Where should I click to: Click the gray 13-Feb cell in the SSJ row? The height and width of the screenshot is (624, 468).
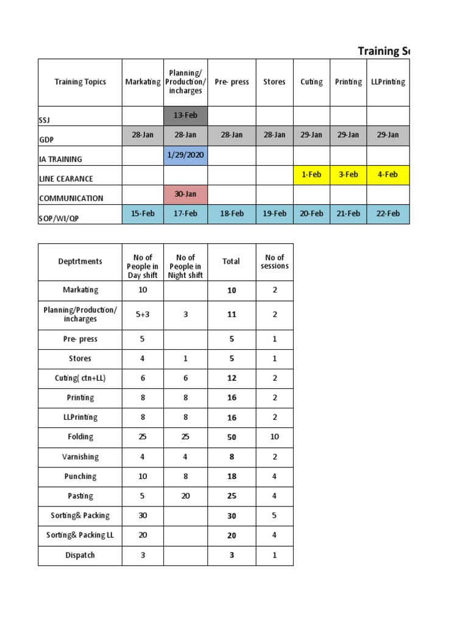[185, 116]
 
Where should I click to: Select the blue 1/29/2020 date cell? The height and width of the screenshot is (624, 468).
[185, 155]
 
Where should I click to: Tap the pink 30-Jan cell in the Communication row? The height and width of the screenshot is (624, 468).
[185, 194]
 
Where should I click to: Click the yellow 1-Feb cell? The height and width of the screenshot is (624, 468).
[311, 174]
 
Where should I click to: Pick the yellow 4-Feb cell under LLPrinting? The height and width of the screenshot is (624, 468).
[388, 174]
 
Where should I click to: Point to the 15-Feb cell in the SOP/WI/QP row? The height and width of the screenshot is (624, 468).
[143, 214]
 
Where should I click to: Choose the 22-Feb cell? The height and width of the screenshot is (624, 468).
[388, 214]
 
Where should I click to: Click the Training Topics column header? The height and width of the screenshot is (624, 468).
[80, 82]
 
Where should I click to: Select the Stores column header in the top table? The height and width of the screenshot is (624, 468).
[274, 82]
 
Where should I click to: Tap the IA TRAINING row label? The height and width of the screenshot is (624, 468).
[60, 159]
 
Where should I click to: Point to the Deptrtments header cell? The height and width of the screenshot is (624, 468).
[80, 261]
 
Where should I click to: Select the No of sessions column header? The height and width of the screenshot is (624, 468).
[274, 261]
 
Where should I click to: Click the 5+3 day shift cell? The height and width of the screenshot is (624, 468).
[143, 314]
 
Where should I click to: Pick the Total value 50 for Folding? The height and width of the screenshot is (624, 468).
[232, 437]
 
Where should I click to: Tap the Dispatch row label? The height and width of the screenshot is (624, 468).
[80, 555]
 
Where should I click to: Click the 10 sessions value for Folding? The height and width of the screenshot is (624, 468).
[274, 437]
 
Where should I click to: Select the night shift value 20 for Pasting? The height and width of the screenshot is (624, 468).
[185, 496]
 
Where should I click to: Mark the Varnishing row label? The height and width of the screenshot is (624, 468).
[80, 456]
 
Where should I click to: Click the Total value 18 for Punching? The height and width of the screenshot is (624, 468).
[232, 477]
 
